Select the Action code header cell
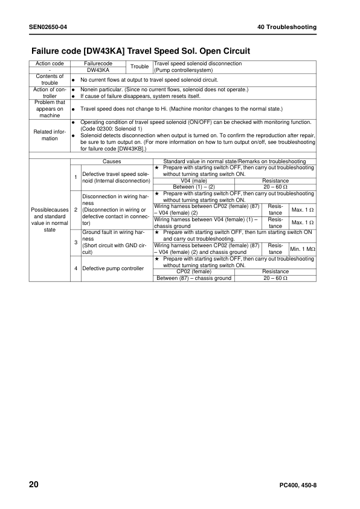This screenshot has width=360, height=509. pyautogui.click(x=50, y=63)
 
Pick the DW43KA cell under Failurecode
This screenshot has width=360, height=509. pyautogui.click(x=98, y=70)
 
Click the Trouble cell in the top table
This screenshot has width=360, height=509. pyautogui.click(x=140, y=66)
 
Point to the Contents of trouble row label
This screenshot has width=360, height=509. pyautogui.click(x=50, y=79)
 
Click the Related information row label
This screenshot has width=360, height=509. pyautogui.click(x=50, y=135)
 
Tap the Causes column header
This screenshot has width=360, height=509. pyautogui.click(x=112, y=161)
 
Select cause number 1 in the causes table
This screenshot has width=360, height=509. pyautogui.click(x=76, y=177)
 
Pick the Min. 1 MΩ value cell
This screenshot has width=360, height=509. pyautogui.click(x=303, y=249)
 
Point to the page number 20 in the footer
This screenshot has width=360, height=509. pyautogui.click(x=34, y=485)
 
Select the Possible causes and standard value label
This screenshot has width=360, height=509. pyautogui.click(x=50, y=219)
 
